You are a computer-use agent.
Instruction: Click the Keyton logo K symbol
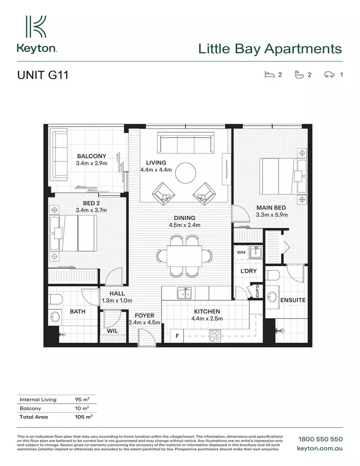coord(36,27)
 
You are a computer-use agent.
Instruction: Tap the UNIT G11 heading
coord(43,75)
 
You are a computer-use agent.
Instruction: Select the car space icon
coord(329,75)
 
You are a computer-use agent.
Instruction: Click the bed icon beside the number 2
coord(269,74)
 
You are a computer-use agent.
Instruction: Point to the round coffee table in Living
coord(186,173)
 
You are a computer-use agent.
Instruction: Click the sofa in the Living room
coord(186,143)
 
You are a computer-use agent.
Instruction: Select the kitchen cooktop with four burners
coord(215,336)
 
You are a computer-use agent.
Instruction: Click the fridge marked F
coord(177,336)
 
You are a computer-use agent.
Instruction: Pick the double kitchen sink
coord(185,293)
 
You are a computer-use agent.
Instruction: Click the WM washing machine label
coord(241,252)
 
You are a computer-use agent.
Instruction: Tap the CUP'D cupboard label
coord(257,291)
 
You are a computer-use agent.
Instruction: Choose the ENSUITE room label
coord(293,300)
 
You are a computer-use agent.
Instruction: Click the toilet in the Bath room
coord(56,299)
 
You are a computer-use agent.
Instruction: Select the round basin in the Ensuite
coord(272,296)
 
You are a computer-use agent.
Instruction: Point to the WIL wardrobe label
coord(112,331)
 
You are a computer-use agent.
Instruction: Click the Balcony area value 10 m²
coord(82,408)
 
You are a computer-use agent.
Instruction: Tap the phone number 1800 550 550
coord(320,439)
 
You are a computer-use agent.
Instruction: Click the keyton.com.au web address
coord(319,448)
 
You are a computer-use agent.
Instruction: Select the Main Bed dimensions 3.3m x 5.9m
coord(272,214)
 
